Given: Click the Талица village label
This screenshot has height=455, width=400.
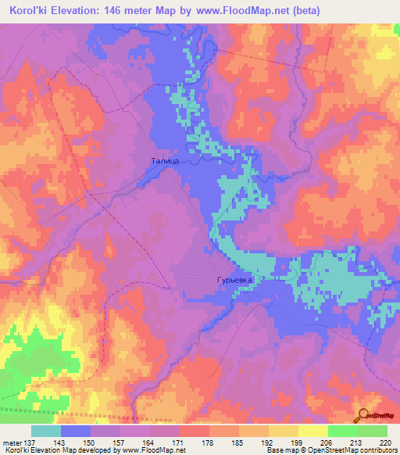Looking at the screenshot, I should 165,160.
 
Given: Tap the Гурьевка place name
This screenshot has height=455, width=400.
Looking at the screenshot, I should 237,279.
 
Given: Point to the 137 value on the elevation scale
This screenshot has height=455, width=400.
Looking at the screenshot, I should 30,442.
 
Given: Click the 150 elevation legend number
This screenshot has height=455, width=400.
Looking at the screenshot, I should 90,442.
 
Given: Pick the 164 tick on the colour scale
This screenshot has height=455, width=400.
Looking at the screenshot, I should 149,442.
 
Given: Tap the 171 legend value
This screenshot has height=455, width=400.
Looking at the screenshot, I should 179,442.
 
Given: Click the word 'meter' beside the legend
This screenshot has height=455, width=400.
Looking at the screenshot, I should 12,442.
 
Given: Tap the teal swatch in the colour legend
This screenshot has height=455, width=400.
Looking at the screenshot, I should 45,431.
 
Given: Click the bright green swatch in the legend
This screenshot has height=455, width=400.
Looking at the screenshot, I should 342,431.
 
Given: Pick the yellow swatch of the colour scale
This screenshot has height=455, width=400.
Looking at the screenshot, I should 312,431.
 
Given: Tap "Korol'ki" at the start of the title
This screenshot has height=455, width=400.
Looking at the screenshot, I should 27,11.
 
